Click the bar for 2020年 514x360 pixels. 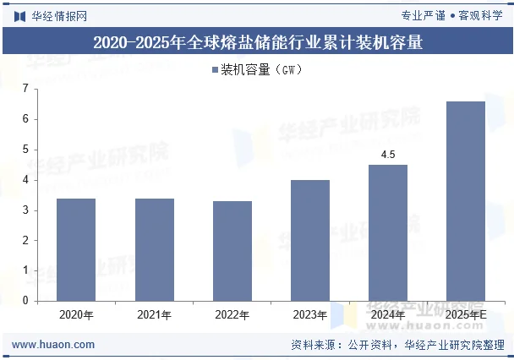click(x=76, y=249)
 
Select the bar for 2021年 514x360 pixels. click(x=155, y=249)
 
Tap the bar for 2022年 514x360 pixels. click(x=232, y=250)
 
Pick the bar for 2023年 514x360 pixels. click(x=310, y=240)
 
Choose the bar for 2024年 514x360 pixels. click(x=388, y=232)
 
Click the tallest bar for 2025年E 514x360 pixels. click(x=466, y=201)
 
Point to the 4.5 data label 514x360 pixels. click(x=388, y=155)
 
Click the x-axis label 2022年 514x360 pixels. click(x=232, y=315)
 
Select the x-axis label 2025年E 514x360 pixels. click(x=467, y=315)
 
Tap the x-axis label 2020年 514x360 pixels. click(x=76, y=315)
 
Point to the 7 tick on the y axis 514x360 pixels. click(x=25, y=89)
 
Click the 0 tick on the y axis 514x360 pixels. click(x=25, y=301)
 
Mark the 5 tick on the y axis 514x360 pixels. click(x=25, y=150)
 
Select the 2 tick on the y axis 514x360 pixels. click(x=25, y=240)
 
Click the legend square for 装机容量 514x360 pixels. click(x=215, y=70)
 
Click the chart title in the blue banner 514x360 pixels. click(x=257, y=41)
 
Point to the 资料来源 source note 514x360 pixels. click(x=396, y=345)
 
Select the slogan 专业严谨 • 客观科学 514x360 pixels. click(x=451, y=14)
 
